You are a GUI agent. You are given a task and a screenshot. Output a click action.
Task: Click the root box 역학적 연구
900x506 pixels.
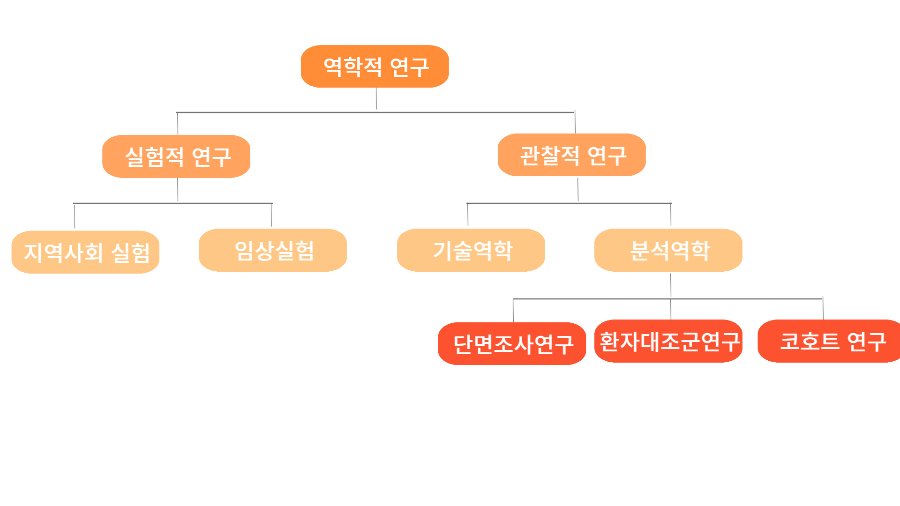pyautogui.click(x=375, y=67)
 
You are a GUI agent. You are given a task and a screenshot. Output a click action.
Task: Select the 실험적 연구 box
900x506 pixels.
pyautogui.click(x=176, y=156)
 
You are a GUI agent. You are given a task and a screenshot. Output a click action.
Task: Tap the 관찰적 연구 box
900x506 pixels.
pyautogui.click(x=572, y=155)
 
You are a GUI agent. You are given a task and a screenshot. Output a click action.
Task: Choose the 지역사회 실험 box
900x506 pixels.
pyautogui.click(x=85, y=252)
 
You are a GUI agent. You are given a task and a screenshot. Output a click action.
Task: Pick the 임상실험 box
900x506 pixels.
pyautogui.click(x=273, y=250)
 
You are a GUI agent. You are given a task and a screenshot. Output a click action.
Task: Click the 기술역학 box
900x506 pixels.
pyautogui.click(x=471, y=250)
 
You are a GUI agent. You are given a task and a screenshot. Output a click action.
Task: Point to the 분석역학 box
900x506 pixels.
pyautogui.click(x=668, y=250)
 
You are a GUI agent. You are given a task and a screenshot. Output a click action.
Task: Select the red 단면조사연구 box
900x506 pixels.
pyautogui.click(x=512, y=343)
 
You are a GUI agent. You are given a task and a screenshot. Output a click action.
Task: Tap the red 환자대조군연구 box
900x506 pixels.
pyautogui.click(x=668, y=341)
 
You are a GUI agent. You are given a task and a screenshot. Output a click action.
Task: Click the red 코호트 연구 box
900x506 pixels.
pyautogui.click(x=830, y=341)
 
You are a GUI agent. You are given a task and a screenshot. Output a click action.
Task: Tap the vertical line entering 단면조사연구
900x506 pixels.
pyautogui.click(x=513, y=311)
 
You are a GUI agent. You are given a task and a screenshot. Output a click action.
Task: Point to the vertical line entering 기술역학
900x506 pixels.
pyautogui.click(x=467, y=216)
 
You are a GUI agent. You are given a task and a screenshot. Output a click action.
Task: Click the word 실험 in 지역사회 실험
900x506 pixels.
pyautogui.click(x=131, y=253)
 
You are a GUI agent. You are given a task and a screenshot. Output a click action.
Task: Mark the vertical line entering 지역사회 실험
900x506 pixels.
pyautogui.click(x=75, y=216)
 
